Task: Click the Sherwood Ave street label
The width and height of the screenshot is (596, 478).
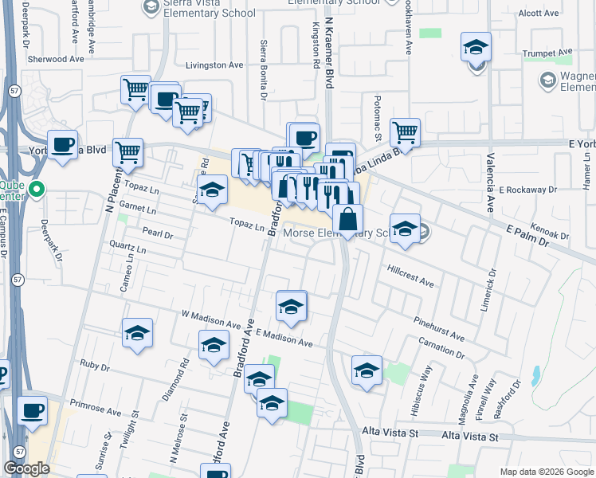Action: (x=55, y=59)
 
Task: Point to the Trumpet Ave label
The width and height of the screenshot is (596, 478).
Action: (x=548, y=53)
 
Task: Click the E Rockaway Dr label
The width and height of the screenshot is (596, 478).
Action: (x=527, y=190)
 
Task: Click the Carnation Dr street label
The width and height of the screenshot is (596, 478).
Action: (x=441, y=347)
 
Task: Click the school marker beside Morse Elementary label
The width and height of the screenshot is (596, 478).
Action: (x=405, y=228)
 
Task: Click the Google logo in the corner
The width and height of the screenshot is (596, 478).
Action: (x=26, y=468)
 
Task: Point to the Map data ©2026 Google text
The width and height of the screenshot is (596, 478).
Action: (x=546, y=472)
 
